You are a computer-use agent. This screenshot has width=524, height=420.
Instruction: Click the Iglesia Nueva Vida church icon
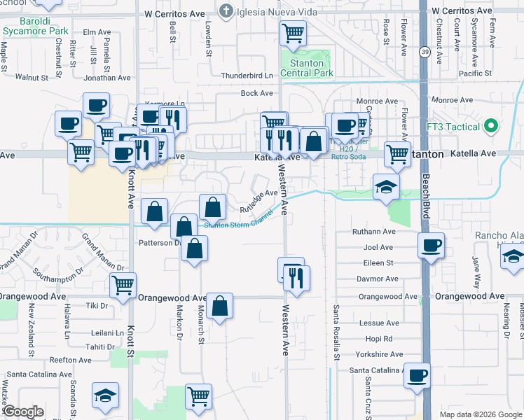pyautogui.click(x=226, y=11)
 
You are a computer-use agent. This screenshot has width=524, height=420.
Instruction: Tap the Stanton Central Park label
pyautogui.click(x=307, y=68)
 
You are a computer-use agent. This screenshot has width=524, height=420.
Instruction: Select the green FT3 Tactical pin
pyautogui.click(x=491, y=127)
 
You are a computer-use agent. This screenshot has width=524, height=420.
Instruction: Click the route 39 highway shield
pyautogui.click(x=425, y=52)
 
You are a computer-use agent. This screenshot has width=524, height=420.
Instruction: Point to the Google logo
pyautogui.click(x=23, y=412)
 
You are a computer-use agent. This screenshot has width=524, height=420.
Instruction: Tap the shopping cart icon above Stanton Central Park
pyautogui.click(x=293, y=32)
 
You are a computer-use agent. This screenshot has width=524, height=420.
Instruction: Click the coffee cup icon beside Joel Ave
pyautogui.click(x=431, y=245)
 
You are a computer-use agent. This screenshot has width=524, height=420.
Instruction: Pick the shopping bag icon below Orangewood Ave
pyautogui.click(x=220, y=305)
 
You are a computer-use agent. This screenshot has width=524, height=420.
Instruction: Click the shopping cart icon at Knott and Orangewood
pyautogui.click(x=123, y=285)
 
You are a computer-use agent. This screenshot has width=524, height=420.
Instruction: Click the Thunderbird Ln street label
pyautogui.click(x=247, y=76)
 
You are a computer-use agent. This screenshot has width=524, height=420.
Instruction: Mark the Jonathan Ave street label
pyautogui.click(x=107, y=78)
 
